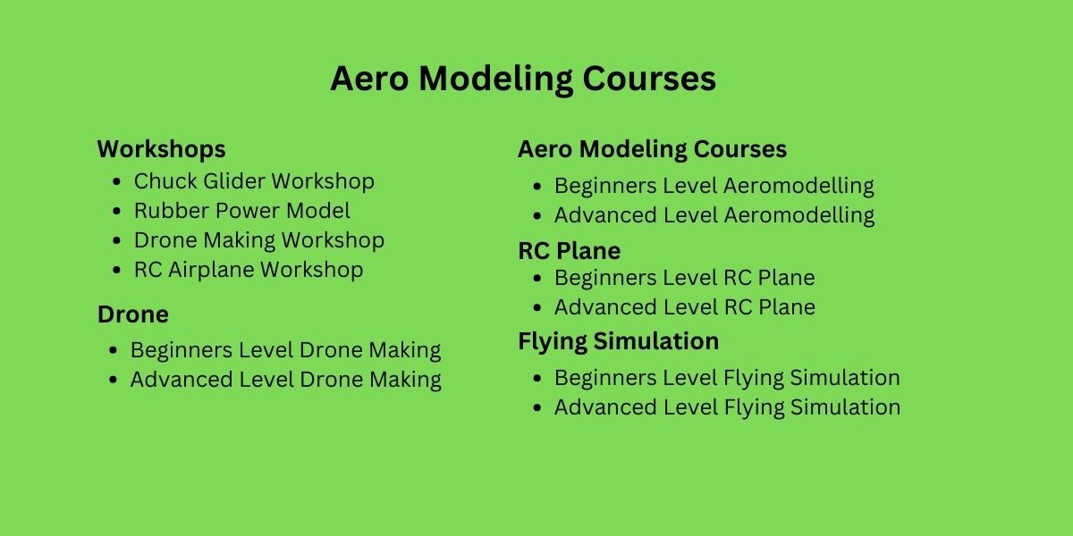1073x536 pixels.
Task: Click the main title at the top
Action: (x=523, y=79)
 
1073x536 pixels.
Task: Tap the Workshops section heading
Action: (x=162, y=149)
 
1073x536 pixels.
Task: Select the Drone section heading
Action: (x=133, y=314)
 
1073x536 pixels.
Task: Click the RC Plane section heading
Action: (x=569, y=251)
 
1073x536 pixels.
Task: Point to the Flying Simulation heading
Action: (x=619, y=341)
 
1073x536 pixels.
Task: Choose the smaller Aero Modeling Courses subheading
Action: (x=652, y=149)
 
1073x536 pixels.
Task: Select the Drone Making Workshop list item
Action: (x=259, y=240)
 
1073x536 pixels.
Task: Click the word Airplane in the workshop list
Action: (x=211, y=270)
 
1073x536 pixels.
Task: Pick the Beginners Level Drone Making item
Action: (x=285, y=350)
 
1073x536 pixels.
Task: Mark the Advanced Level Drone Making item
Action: (x=286, y=380)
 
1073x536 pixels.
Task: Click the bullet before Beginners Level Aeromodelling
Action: (x=537, y=187)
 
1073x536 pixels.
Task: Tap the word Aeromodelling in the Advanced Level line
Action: (x=799, y=215)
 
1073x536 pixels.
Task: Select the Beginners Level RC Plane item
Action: (x=685, y=278)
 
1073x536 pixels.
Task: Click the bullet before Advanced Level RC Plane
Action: (x=537, y=307)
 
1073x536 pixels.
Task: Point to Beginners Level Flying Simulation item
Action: (x=727, y=378)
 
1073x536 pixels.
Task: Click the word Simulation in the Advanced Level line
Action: (x=846, y=407)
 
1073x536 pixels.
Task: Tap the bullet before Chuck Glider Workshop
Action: (x=116, y=182)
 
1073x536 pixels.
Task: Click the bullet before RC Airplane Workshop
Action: (x=116, y=271)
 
